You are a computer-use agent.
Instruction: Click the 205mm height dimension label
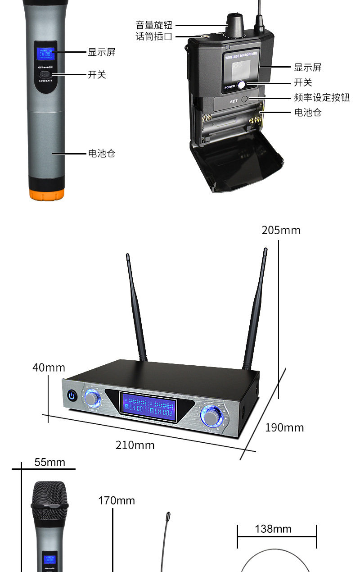281,230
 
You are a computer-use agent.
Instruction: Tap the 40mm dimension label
49,368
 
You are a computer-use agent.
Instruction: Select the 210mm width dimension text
135,445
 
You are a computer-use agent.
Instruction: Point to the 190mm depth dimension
284,427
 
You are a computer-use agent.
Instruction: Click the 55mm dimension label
49,462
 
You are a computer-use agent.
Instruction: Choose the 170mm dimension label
117,500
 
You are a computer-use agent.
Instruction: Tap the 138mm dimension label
273,529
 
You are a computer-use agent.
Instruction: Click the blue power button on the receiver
72,396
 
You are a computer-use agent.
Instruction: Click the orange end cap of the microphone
46,194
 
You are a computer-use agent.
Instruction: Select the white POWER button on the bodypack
242,84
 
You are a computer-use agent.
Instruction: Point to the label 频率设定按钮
321,97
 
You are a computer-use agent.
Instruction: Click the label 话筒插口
154,36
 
